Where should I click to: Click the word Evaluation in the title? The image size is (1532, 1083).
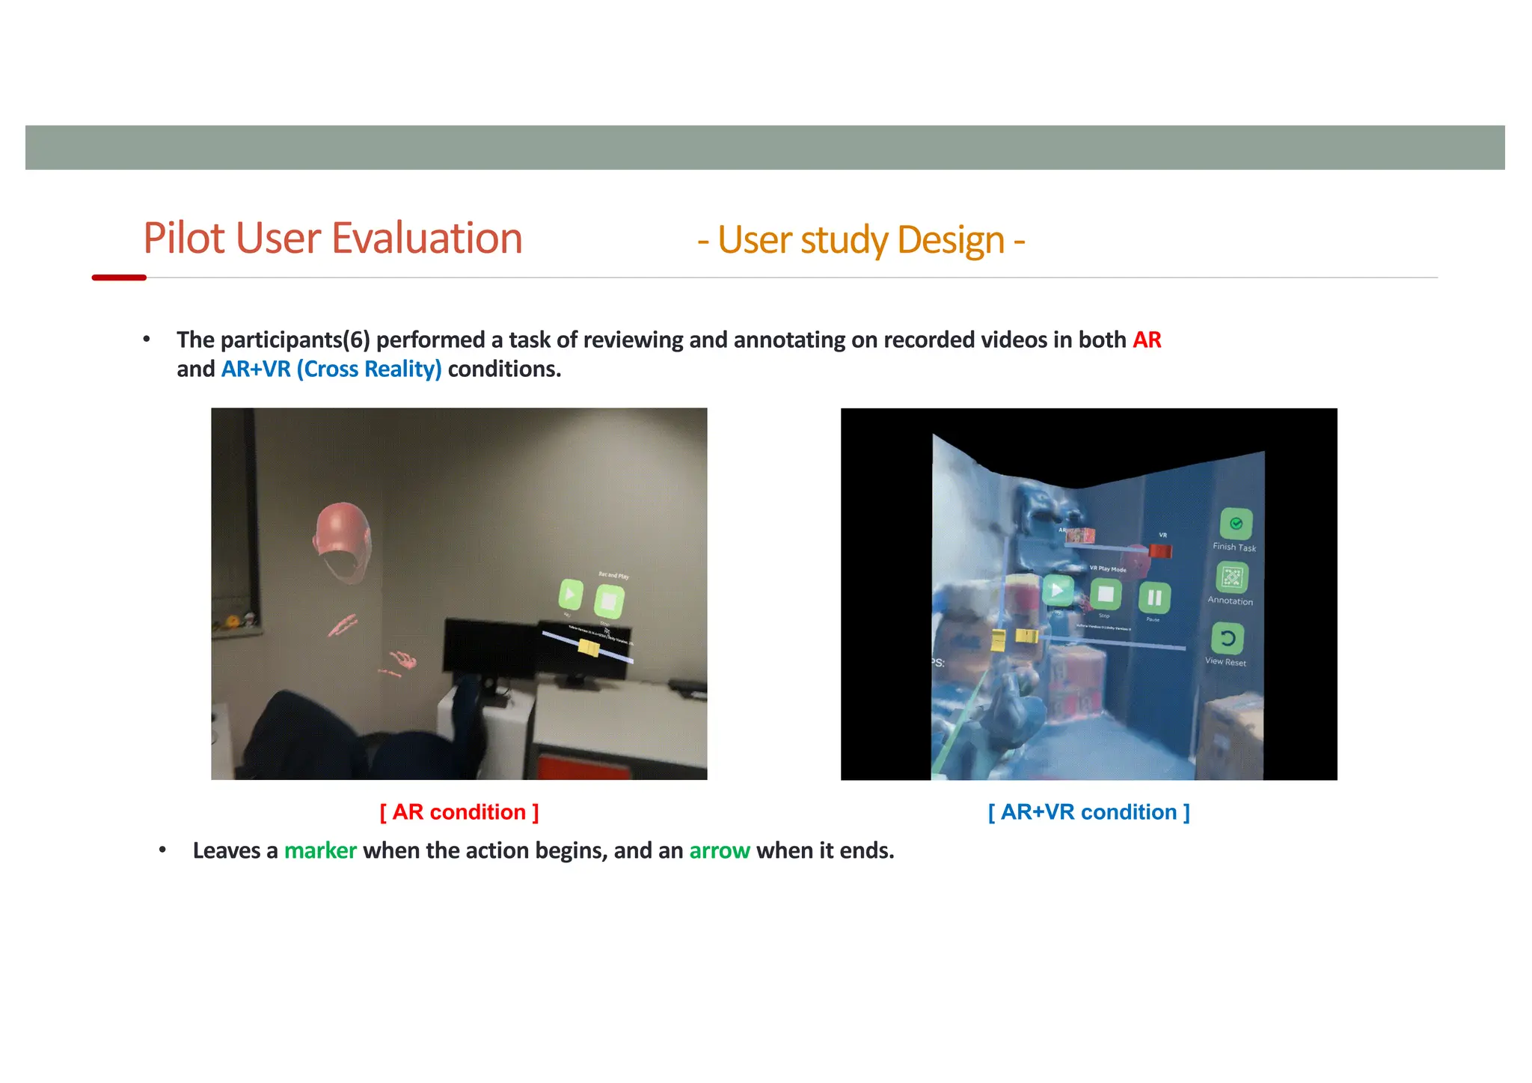426,239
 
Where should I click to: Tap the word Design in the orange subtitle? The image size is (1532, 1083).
950,241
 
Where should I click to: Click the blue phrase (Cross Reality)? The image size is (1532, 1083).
369,369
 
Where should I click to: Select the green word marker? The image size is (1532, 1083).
320,851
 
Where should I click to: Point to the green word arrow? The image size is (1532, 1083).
719,851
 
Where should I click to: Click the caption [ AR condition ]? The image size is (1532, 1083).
459,812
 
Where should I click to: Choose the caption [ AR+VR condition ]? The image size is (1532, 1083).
1088,812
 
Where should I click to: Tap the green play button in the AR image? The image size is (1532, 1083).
571,595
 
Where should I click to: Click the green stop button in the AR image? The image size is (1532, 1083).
609,601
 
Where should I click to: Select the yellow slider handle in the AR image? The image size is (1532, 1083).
589,647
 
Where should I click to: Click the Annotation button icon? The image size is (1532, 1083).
1232,577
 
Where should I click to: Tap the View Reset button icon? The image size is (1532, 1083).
1228,639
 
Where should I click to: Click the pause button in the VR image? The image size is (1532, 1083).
1154,598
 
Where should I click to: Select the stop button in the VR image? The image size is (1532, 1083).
1106,595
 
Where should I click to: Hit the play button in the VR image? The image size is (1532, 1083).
1057,591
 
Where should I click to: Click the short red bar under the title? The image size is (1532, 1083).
119,277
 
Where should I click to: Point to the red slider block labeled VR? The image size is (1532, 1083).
1160,550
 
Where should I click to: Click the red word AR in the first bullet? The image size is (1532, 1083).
1146,340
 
